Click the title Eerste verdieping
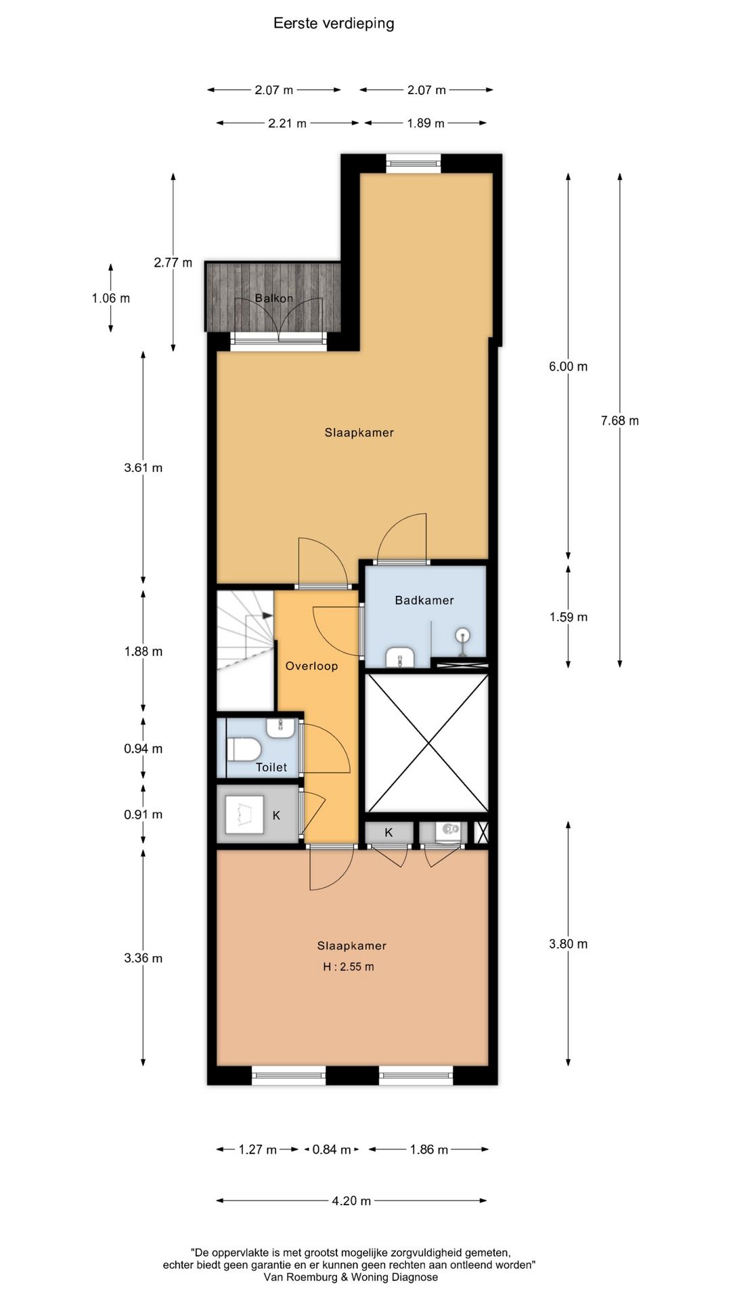[x=334, y=24]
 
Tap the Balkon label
[x=274, y=298]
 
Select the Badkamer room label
[x=424, y=600]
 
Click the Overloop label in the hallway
[x=311, y=666]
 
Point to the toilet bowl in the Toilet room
[x=244, y=750]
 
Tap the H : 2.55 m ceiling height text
[x=349, y=967]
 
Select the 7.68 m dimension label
[x=620, y=420]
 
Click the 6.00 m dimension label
[x=569, y=366]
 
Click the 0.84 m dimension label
[x=332, y=1150]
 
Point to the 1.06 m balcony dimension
[x=111, y=298]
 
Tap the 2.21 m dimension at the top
[x=287, y=123]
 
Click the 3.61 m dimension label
[x=143, y=468]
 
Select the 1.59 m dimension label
[x=569, y=617]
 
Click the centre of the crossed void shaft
[x=426, y=743]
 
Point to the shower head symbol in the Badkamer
[x=463, y=636]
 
